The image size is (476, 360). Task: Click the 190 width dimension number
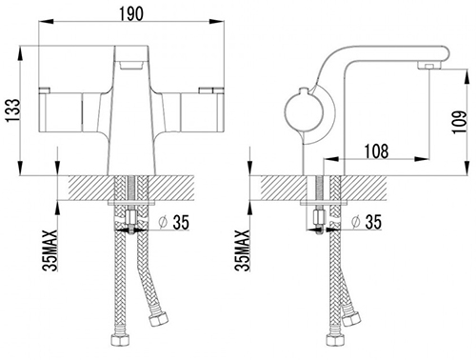[x=131, y=13]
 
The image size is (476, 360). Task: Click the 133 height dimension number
[x=12, y=110]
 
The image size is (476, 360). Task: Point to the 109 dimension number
[x=460, y=122]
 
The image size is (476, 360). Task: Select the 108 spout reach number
[x=376, y=151]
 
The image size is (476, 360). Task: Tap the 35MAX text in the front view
[x=50, y=250]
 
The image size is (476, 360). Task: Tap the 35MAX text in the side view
[x=242, y=250]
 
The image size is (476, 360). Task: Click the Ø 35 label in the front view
[x=174, y=222]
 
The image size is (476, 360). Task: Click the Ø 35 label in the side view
[x=367, y=222]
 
